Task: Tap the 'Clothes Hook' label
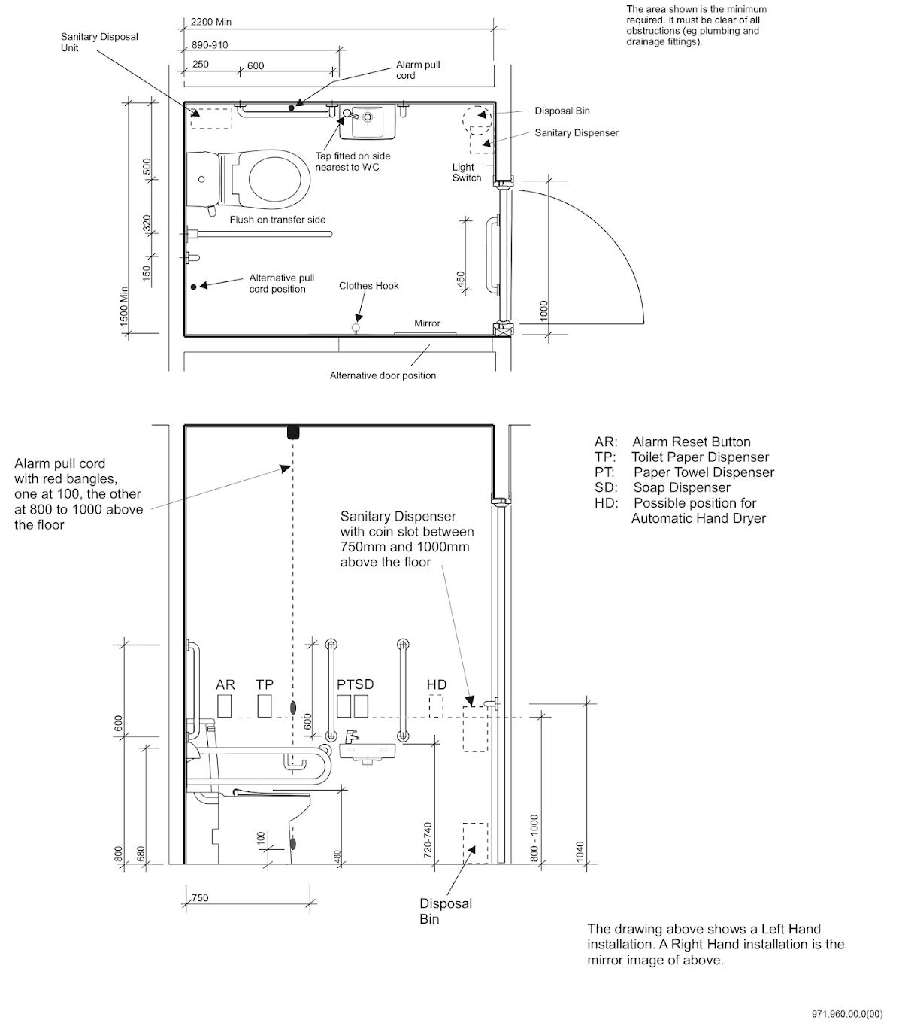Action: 368,286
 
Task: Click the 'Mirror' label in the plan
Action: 427,323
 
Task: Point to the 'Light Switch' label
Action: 466,172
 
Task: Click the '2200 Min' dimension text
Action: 211,22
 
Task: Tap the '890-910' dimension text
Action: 210,45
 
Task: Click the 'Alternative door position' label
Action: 383,375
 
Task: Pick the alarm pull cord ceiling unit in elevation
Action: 293,433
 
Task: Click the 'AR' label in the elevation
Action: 225,684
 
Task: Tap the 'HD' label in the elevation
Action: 437,684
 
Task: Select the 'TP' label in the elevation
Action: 265,684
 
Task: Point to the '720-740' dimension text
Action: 428,839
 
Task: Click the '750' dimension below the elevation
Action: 200,897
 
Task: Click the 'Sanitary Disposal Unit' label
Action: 99,42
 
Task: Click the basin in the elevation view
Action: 367,751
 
